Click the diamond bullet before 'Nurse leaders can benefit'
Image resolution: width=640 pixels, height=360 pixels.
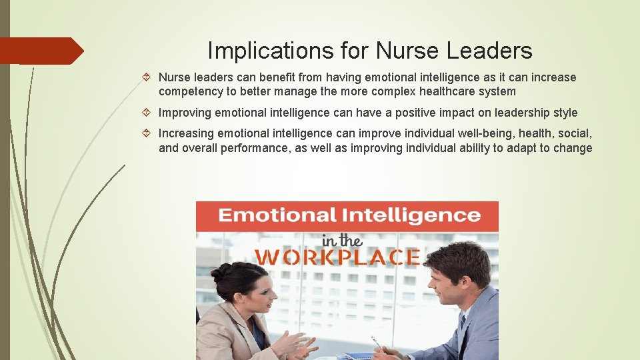pos(150,77)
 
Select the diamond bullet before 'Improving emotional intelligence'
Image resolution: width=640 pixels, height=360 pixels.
pos(150,113)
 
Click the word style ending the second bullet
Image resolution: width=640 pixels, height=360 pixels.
pos(565,113)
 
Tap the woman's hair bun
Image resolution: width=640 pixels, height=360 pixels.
pos(221,271)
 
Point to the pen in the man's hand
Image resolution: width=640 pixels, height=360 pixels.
pos(377,343)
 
